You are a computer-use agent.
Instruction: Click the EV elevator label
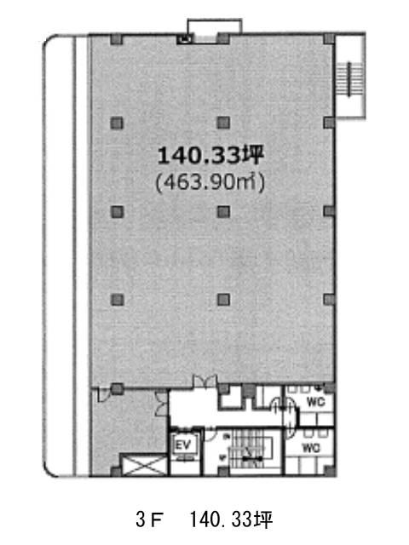183,445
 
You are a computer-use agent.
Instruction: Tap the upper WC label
315,402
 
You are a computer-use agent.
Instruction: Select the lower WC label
311,448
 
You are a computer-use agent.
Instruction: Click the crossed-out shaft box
144,465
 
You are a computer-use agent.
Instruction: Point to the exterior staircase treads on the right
349,79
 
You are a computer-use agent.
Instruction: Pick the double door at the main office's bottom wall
204,381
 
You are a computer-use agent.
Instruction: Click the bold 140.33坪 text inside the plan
210,155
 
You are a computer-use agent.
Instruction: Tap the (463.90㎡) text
210,182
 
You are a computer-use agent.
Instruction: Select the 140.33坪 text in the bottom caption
231,520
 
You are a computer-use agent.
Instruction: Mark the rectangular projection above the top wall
215,26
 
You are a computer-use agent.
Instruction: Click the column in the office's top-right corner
329,38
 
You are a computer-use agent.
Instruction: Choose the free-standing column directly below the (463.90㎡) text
223,212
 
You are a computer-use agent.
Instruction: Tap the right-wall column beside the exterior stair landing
329,123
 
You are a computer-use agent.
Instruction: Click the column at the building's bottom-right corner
330,471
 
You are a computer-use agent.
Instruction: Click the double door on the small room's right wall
162,403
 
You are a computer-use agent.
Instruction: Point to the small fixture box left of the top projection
184,39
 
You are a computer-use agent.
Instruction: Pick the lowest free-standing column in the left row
117,300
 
